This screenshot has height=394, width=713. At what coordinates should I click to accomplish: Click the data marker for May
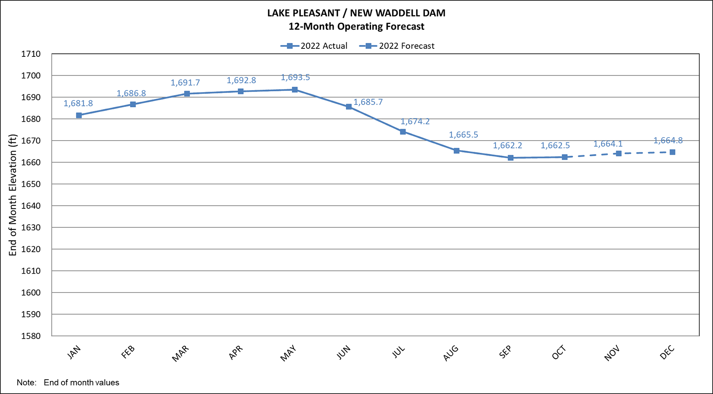point(295,90)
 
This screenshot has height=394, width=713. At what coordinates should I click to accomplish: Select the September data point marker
point(511,158)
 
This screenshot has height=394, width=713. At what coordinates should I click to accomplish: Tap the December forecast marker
point(672,152)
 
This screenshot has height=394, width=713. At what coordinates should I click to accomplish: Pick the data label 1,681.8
point(78,104)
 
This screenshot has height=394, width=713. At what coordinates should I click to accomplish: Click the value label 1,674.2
point(415,122)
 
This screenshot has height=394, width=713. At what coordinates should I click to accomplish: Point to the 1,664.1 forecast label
point(608,144)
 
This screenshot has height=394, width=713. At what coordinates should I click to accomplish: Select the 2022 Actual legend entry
point(314,46)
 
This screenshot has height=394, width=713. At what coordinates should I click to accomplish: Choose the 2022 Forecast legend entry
point(397,46)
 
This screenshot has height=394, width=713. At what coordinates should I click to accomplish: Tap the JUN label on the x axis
point(344,352)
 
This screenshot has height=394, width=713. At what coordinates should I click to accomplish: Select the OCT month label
point(559,352)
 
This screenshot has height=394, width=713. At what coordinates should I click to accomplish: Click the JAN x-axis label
point(74,352)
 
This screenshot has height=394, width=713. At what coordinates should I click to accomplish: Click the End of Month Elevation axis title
point(13,195)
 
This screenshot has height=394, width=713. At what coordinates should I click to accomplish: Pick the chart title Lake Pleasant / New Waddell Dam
point(356,13)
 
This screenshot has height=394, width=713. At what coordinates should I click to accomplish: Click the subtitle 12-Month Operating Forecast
point(356,27)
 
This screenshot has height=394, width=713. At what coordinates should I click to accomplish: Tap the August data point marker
point(456,151)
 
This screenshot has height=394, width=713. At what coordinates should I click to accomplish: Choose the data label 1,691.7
point(185,83)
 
